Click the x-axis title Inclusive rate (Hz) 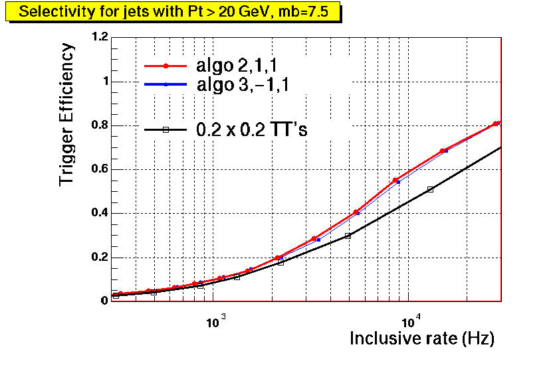[422, 339]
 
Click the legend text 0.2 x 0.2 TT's [251, 130]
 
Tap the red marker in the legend [166, 66]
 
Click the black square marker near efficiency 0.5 [431, 189]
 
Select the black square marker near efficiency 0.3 [348, 236]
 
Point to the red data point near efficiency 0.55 [395, 180]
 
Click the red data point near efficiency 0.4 [356, 212]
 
